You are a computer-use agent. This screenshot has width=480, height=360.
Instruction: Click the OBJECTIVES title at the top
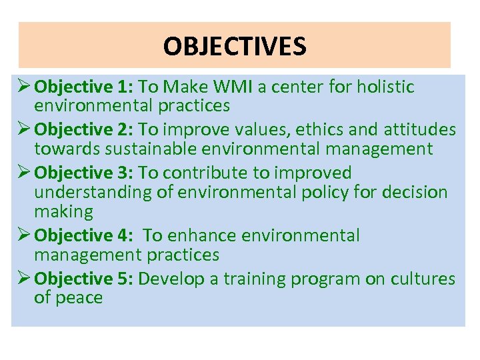pos(235,47)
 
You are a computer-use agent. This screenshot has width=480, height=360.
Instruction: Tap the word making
pos(64,212)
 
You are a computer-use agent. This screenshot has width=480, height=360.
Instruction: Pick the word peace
pos(79,297)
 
